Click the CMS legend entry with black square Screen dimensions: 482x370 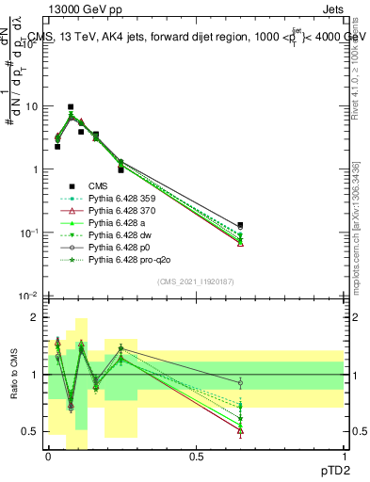(x=97, y=186)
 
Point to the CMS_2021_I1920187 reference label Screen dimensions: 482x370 (x=195, y=281)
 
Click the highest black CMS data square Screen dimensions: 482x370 (x=71, y=107)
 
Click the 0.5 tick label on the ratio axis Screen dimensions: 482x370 (x=30, y=431)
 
